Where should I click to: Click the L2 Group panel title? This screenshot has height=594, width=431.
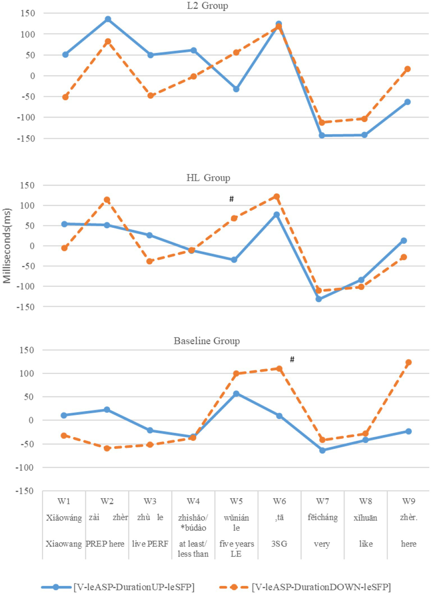(x=207, y=6)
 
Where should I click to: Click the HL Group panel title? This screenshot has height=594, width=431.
(x=208, y=178)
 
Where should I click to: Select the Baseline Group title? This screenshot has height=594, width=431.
(x=207, y=341)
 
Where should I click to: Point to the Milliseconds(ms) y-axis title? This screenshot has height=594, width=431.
(x=7, y=246)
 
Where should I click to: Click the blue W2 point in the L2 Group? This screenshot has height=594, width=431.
(x=108, y=19)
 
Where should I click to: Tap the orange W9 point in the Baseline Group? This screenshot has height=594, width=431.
(x=409, y=362)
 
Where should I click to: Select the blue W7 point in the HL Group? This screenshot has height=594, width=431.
(x=319, y=299)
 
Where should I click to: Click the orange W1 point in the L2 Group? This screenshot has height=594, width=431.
(x=65, y=97)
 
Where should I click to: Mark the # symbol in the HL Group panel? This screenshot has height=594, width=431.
(x=231, y=199)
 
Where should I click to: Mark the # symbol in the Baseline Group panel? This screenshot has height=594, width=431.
(x=292, y=359)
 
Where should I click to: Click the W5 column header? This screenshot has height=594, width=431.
(x=236, y=501)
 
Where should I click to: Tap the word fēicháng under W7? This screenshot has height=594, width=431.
(x=323, y=517)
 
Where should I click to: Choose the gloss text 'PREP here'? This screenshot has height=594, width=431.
(x=105, y=544)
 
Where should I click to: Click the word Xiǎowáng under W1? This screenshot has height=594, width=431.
(x=64, y=517)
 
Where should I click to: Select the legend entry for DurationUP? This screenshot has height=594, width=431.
(x=134, y=587)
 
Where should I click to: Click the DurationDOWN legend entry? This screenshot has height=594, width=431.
(x=321, y=587)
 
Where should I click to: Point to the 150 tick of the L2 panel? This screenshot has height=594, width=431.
(x=28, y=13)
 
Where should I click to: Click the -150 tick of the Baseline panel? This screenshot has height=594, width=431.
(x=25, y=491)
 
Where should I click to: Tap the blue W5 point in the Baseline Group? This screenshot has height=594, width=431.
(x=236, y=394)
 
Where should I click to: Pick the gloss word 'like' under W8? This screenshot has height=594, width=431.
(x=366, y=544)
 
